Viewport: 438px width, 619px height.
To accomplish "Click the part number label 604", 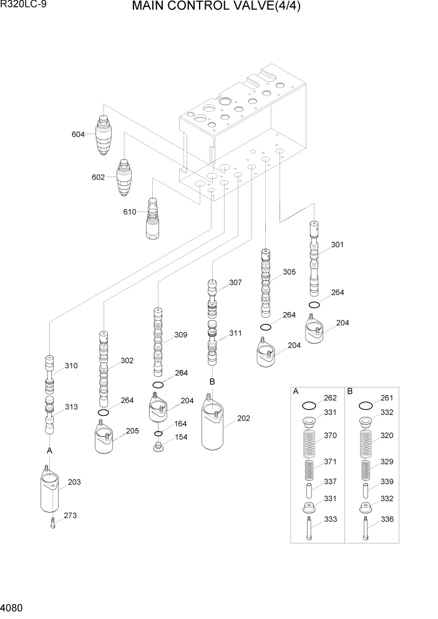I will click(x=78, y=134).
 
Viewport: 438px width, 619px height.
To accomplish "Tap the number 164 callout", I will click(x=180, y=424).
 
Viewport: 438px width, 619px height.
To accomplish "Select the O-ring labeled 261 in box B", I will click(x=366, y=405).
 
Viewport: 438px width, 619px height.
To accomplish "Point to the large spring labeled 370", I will click(x=309, y=444).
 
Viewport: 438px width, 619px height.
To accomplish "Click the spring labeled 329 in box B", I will click(x=366, y=470).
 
